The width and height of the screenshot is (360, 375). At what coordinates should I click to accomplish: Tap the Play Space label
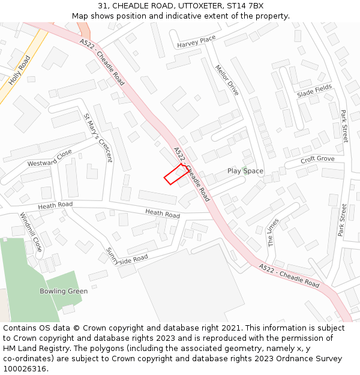[245, 171]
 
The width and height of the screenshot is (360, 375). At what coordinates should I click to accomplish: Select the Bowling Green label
[64, 291]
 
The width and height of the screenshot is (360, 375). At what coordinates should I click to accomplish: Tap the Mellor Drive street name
[227, 80]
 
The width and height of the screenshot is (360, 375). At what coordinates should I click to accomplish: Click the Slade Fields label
[314, 91]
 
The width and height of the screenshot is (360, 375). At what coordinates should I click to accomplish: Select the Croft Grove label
[317, 159]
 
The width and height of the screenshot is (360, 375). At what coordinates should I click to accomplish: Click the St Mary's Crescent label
[98, 138]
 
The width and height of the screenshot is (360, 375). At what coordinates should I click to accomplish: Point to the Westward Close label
[50, 158]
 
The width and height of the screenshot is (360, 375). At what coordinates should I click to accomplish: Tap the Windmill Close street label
[31, 232]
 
